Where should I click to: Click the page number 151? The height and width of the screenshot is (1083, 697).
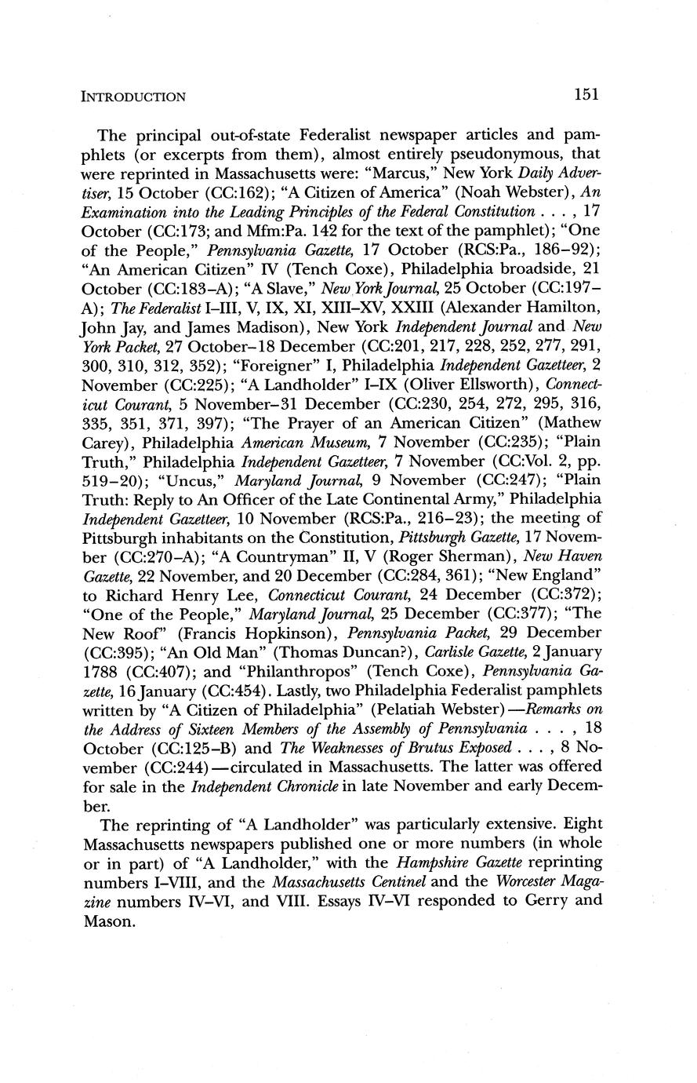tap(586, 95)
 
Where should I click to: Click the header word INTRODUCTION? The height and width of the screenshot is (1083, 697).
tap(133, 97)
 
